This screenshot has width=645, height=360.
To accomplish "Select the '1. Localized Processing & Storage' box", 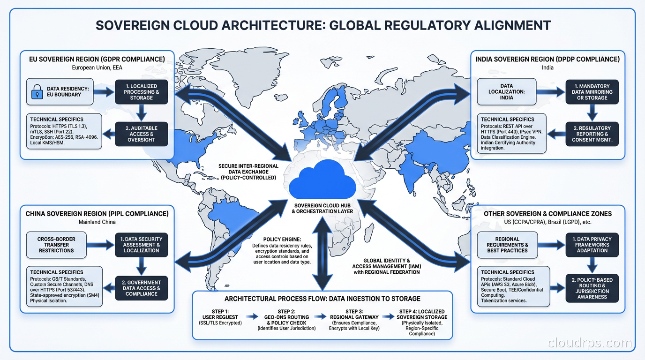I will pyautogui.click(x=141, y=92).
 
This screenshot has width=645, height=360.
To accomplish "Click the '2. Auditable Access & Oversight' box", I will pyautogui.click(x=141, y=134).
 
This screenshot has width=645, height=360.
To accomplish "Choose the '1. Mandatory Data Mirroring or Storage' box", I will pyautogui.click(x=592, y=92).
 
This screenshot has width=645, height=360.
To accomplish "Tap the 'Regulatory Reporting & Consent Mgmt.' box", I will pyautogui.click(x=592, y=134).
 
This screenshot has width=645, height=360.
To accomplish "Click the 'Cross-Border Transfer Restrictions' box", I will pyautogui.click(x=56, y=245).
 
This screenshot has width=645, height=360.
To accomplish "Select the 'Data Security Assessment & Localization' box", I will pyautogui.click(x=141, y=245).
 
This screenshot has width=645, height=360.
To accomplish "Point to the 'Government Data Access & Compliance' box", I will pyautogui.click(x=141, y=288).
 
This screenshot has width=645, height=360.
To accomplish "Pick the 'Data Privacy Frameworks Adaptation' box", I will pyautogui.click(x=592, y=245).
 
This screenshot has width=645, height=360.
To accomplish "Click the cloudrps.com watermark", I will pyautogui.click(x=590, y=344).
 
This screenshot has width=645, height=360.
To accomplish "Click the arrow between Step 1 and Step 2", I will pyautogui.click(x=252, y=317).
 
